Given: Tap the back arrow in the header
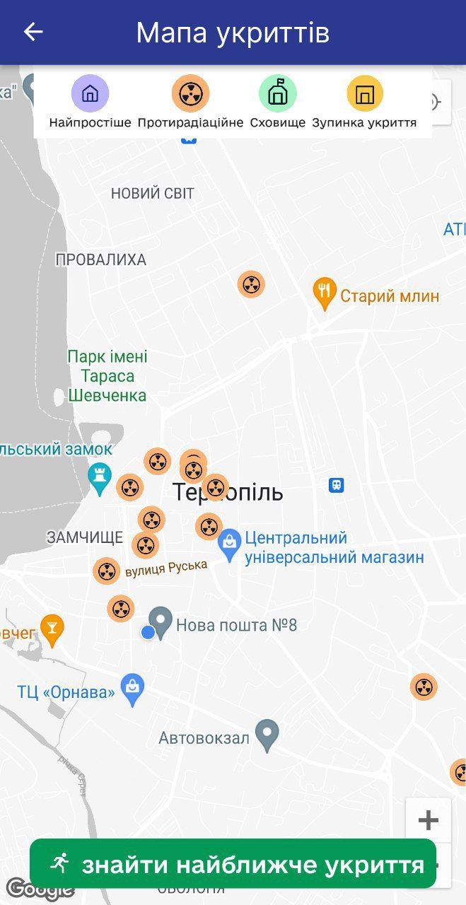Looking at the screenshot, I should [x=33, y=32].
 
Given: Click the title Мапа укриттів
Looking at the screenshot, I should [x=233, y=33].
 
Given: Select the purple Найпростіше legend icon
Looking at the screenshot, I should [x=90, y=93].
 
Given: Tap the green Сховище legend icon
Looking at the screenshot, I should [x=277, y=93].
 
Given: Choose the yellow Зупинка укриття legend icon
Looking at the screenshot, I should [x=364, y=93].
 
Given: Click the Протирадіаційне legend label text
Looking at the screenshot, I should [x=190, y=122].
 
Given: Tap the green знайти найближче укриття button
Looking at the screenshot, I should [x=233, y=863].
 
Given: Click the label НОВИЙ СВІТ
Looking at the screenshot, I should [x=152, y=194].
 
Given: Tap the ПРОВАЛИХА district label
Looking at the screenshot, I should [x=100, y=260].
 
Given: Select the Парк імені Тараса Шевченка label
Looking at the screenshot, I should [x=107, y=376].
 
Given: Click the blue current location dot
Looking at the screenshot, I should [x=148, y=632].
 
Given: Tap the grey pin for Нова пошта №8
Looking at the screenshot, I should [x=161, y=623].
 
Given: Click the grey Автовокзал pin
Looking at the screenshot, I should [x=267, y=735].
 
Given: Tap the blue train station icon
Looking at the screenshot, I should [x=337, y=485].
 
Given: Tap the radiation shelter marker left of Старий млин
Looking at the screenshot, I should [x=250, y=284].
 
